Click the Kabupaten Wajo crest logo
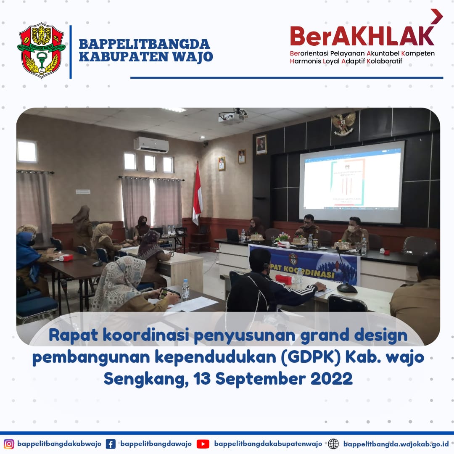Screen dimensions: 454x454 (41, 50)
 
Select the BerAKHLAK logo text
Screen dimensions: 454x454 (362, 37)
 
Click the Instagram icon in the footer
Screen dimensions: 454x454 (9, 444)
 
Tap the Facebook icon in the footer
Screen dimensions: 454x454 (111, 444)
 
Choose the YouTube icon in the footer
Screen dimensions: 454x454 (203, 444)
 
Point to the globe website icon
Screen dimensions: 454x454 (333, 444)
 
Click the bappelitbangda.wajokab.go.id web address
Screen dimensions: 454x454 (396, 444)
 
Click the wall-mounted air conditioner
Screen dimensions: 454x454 (151, 145)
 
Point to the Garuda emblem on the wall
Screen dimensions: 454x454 (343, 123)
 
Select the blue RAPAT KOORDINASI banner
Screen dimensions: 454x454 (304, 264)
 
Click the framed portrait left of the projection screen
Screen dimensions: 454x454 (261, 145)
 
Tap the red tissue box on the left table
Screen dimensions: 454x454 (66, 258)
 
